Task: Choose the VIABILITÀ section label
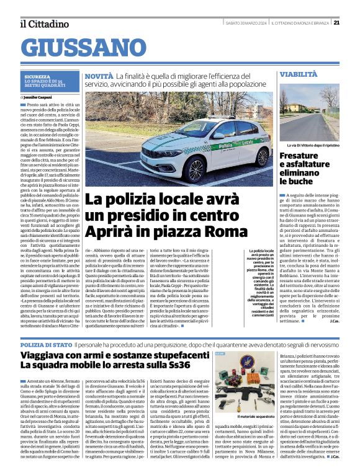298,74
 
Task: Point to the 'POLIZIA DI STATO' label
46,344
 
